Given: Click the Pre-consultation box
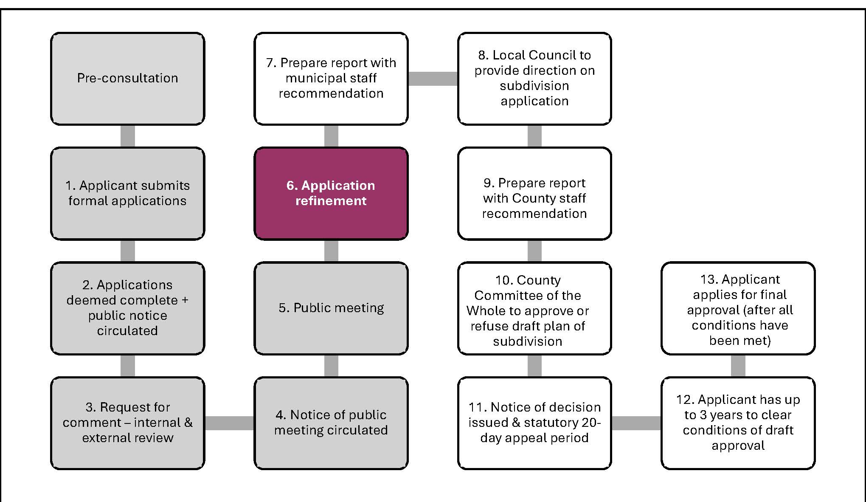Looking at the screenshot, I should point(127,79).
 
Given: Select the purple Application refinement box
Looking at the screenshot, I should point(331,193).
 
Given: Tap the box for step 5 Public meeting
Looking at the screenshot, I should point(331,308).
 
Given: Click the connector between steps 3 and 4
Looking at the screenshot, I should point(229,423).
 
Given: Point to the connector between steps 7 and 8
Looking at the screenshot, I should point(433,79).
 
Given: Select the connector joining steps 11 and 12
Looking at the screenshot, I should point(636,423).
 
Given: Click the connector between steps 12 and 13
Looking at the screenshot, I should point(738,366).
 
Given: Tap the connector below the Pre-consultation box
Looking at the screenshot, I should point(127,136).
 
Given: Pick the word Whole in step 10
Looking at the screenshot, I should point(486,311).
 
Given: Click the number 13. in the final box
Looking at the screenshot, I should point(709,279).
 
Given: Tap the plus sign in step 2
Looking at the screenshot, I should point(185,300).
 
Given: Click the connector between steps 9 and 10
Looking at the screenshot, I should point(534,251).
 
